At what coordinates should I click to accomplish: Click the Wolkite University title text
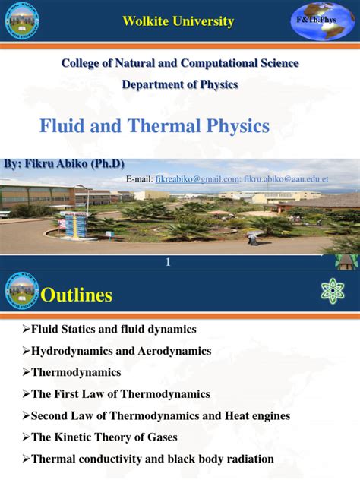178,21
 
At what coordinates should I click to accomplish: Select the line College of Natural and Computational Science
180,63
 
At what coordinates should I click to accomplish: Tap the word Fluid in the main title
63,126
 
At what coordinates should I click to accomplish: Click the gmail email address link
197,178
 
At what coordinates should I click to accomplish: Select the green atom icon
333,292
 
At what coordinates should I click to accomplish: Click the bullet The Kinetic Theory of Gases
106,437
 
